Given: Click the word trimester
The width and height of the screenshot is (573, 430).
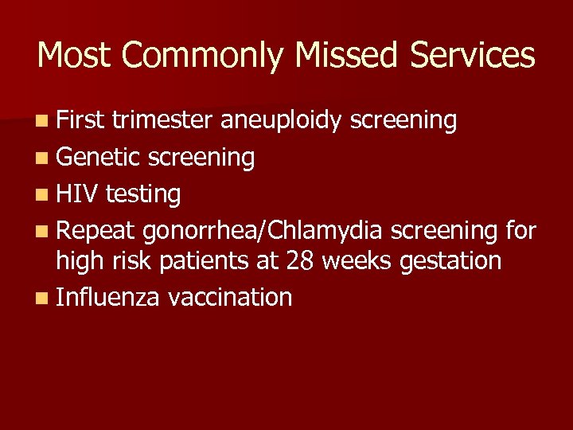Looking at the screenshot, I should tap(163, 121).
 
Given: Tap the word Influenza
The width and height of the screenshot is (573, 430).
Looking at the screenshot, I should tap(108, 297).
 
